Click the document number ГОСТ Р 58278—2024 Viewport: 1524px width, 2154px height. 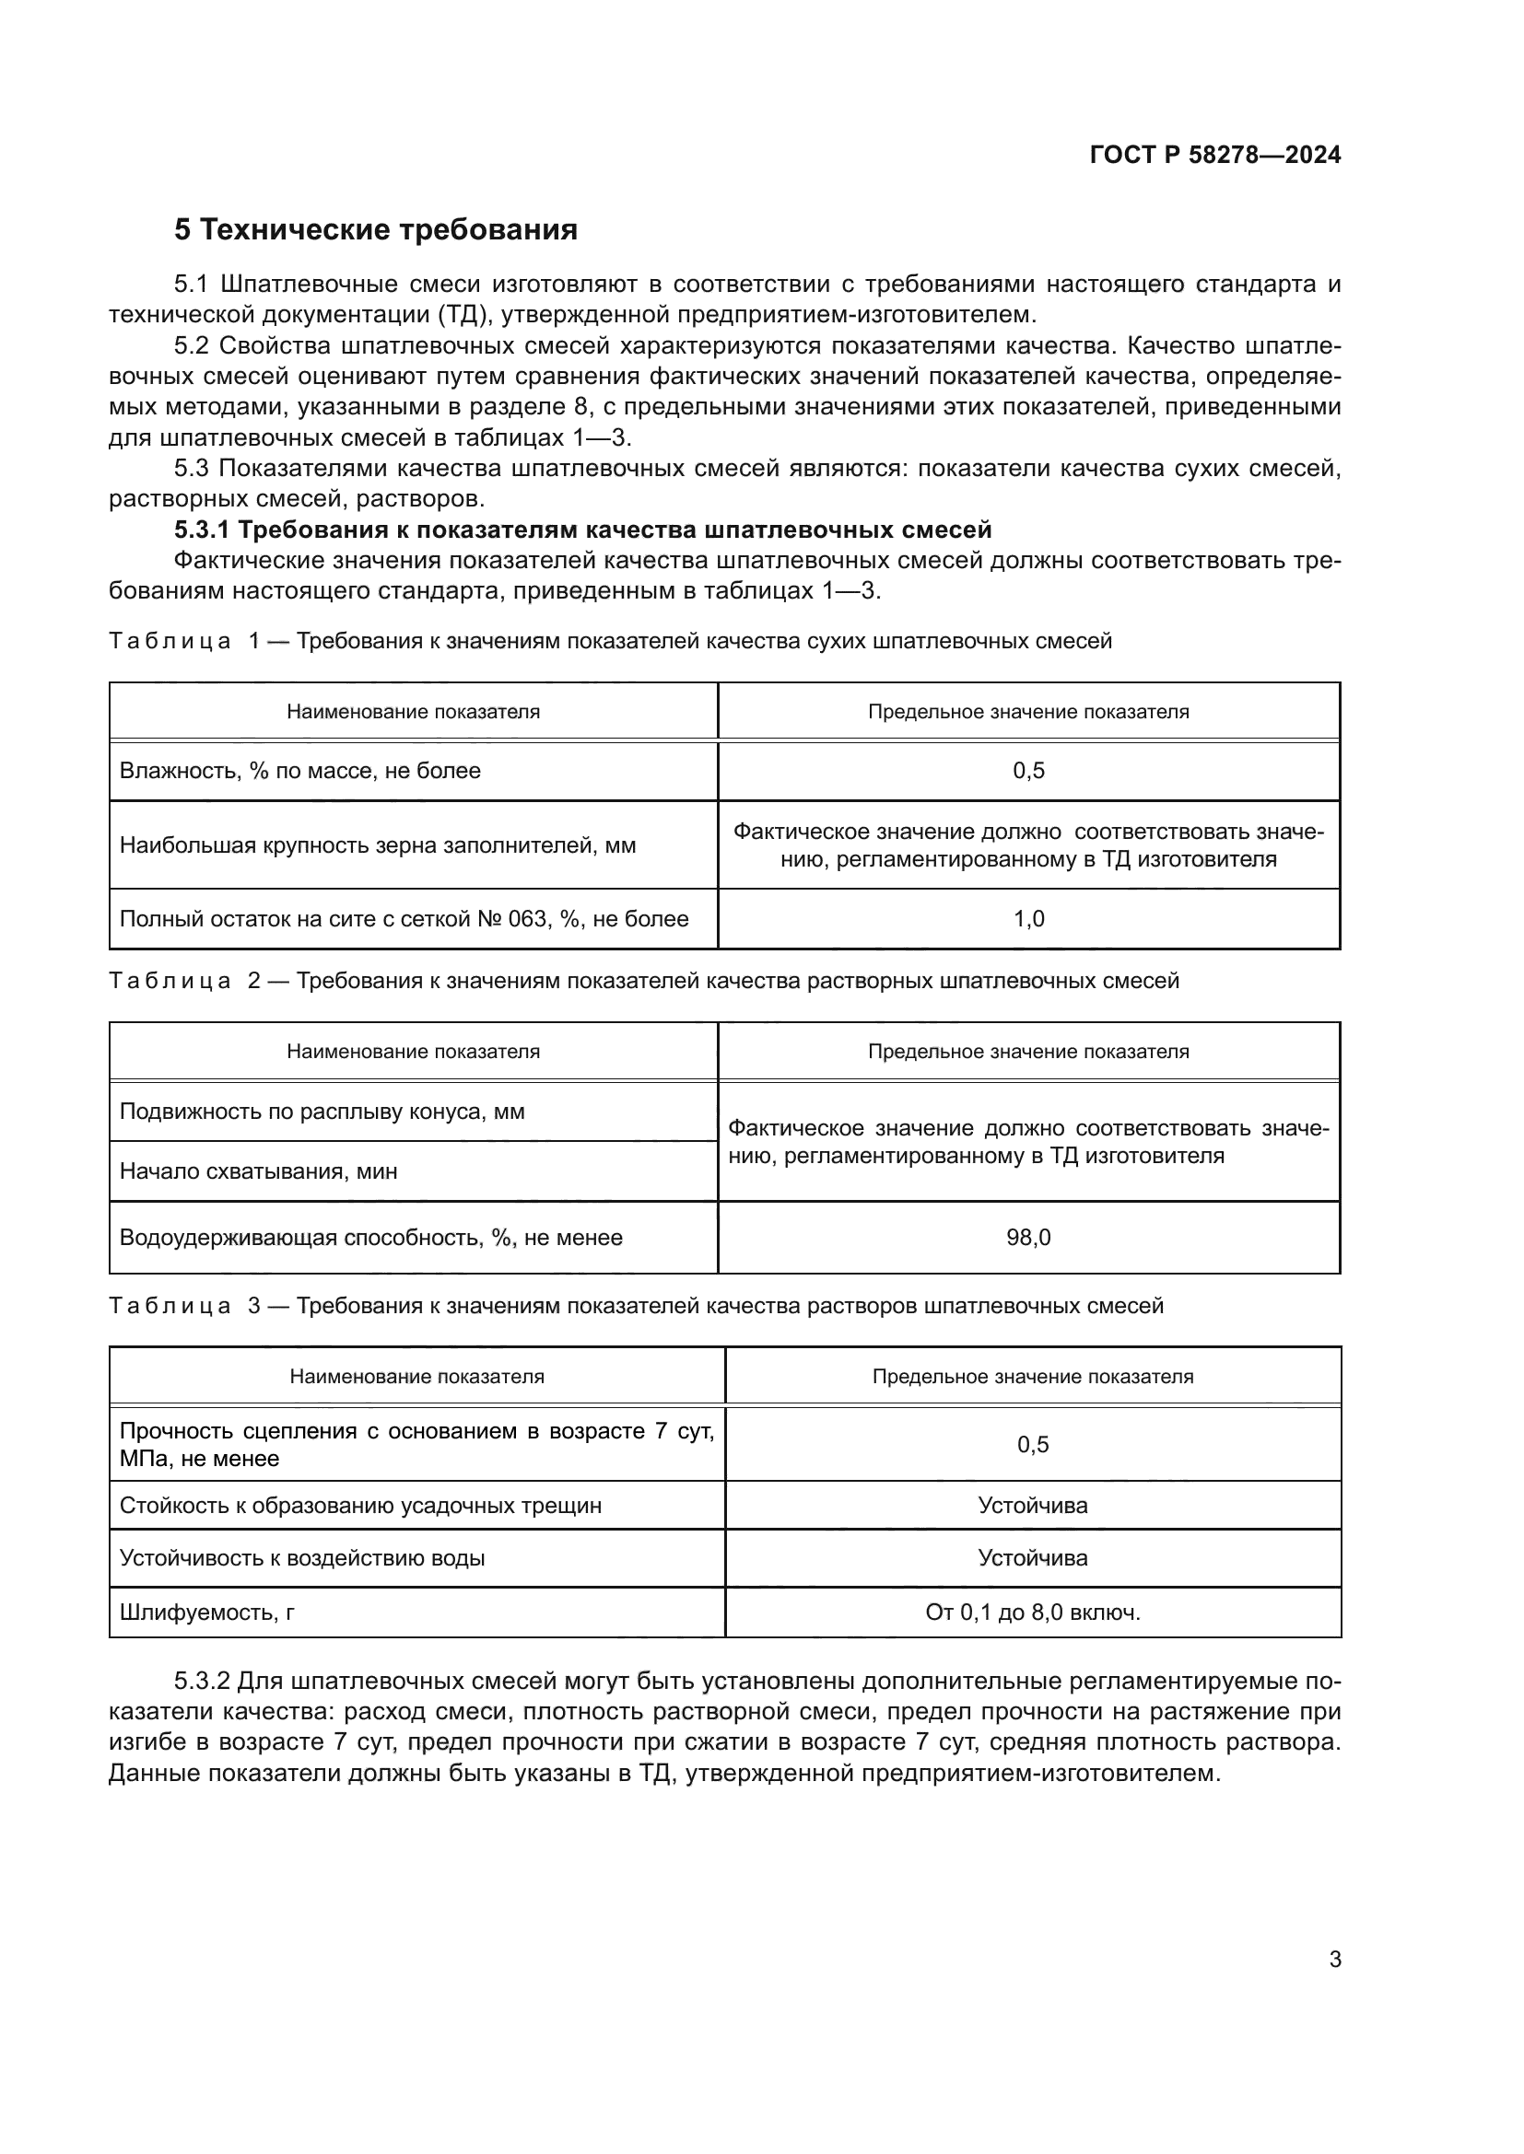(x=1214, y=155)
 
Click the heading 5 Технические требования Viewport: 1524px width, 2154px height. (x=375, y=229)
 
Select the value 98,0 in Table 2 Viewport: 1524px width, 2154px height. (x=1028, y=1238)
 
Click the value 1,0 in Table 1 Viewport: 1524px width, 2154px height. (x=1028, y=918)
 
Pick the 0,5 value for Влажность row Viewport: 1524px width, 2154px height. (x=1028, y=770)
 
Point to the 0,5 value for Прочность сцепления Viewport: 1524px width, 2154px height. (x=1032, y=1444)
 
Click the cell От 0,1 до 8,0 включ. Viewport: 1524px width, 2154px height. (x=1032, y=1612)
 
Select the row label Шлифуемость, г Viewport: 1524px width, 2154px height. (x=207, y=1612)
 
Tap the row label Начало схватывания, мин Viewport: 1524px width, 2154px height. (x=258, y=1170)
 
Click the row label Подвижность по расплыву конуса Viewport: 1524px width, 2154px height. (x=322, y=1111)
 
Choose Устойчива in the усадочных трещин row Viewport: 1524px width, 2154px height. (x=1032, y=1505)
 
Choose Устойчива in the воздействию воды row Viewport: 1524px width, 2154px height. (x=1032, y=1557)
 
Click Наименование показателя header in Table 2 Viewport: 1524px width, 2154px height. (x=413, y=1051)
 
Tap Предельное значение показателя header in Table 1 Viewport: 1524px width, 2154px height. (x=1028, y=711)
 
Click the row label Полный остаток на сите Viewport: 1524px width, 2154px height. (x=404, y=918)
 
